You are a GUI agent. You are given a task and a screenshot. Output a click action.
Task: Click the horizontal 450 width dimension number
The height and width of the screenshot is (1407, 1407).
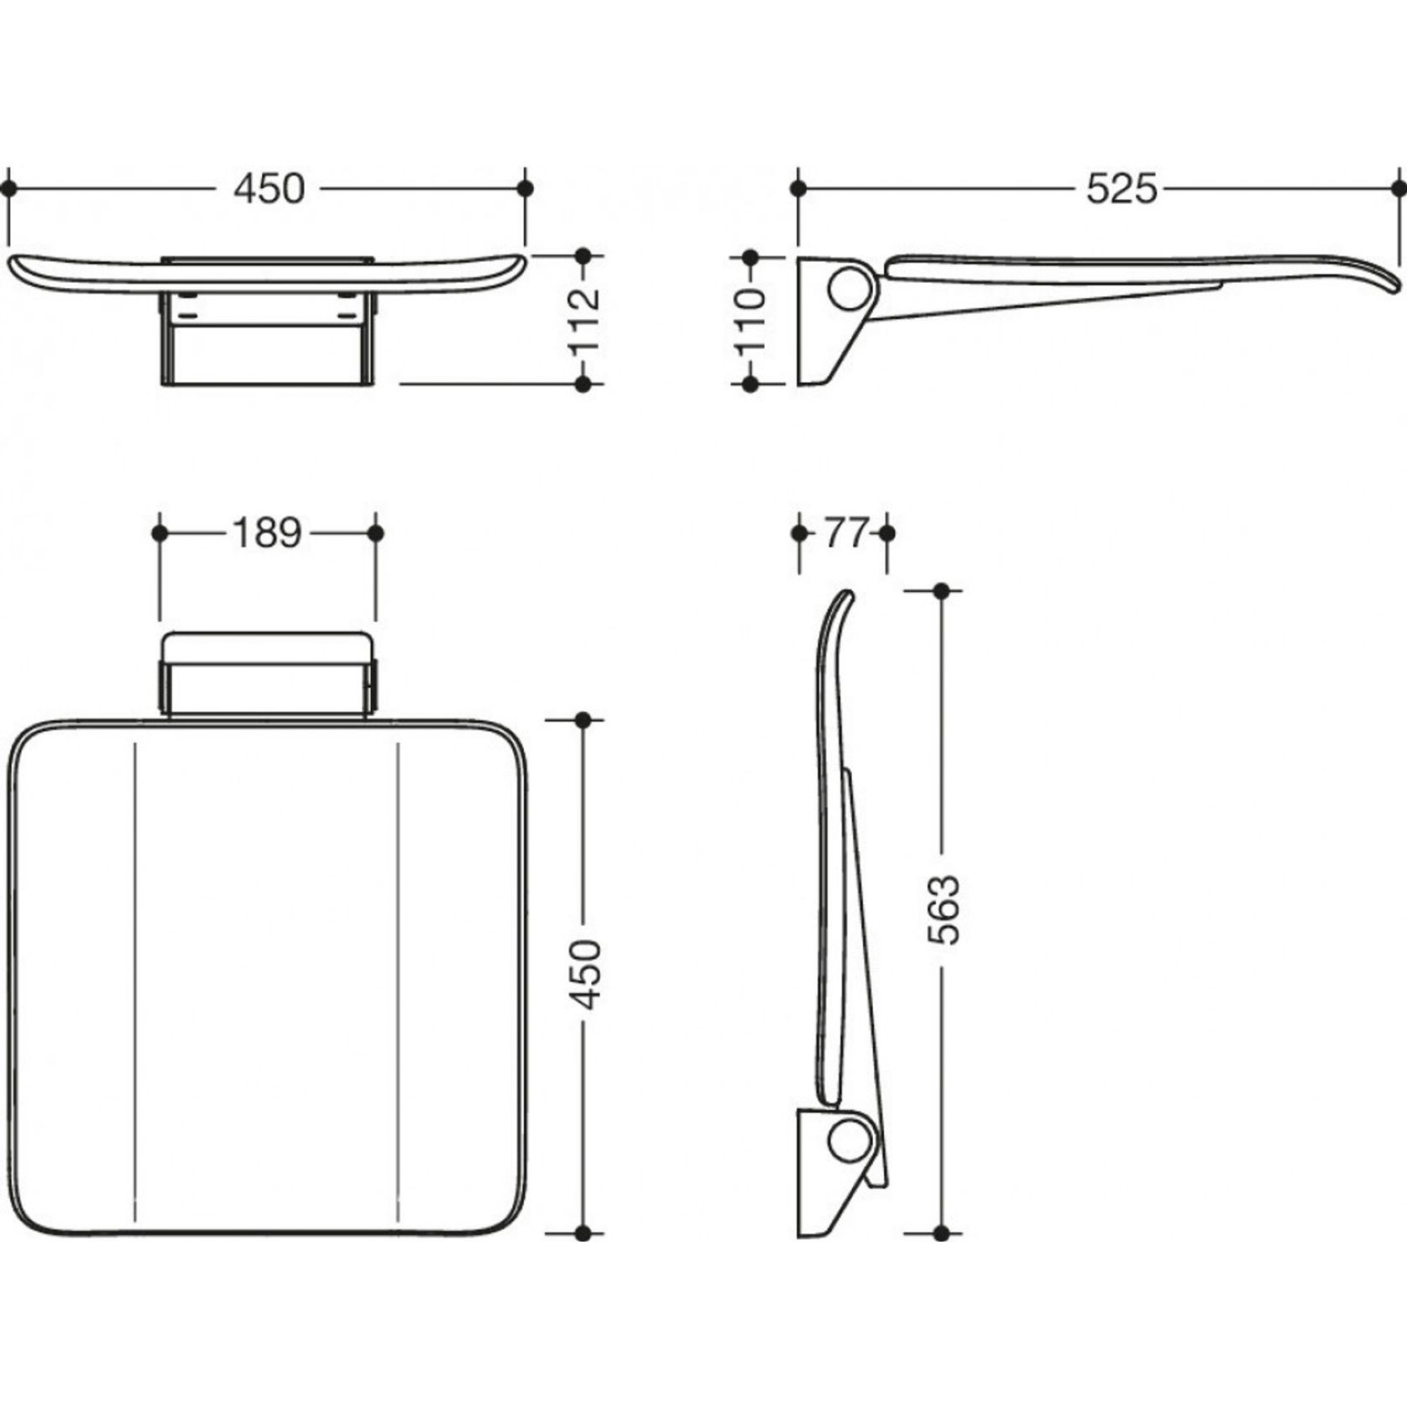(x=269, y=190)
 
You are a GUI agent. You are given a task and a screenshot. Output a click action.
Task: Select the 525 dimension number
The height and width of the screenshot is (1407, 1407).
(x=1122, y=190)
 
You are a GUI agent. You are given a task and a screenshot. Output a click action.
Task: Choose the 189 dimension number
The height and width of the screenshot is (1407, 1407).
(x=266, y=533)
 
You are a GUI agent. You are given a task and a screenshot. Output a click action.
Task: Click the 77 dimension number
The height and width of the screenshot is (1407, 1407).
(x=843, y=533)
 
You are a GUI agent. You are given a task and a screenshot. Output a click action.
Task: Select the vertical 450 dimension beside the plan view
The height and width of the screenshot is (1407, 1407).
(x=584, y=974)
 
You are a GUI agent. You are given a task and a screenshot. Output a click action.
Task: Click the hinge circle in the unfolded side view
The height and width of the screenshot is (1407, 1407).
(x=849, y=289)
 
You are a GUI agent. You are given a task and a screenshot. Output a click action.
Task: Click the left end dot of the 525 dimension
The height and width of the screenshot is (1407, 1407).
(x=798, y=189)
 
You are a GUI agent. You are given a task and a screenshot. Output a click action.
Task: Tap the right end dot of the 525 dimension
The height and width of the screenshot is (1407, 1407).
(x=1398, y=189)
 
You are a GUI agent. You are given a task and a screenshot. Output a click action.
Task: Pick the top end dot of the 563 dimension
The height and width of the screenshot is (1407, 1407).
(x=942, y=591)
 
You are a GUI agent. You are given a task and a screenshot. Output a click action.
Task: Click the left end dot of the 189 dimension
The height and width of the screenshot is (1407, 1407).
(x=160, y=533)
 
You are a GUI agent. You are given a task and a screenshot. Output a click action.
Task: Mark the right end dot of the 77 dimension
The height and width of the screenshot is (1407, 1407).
(x=887, y=533)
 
